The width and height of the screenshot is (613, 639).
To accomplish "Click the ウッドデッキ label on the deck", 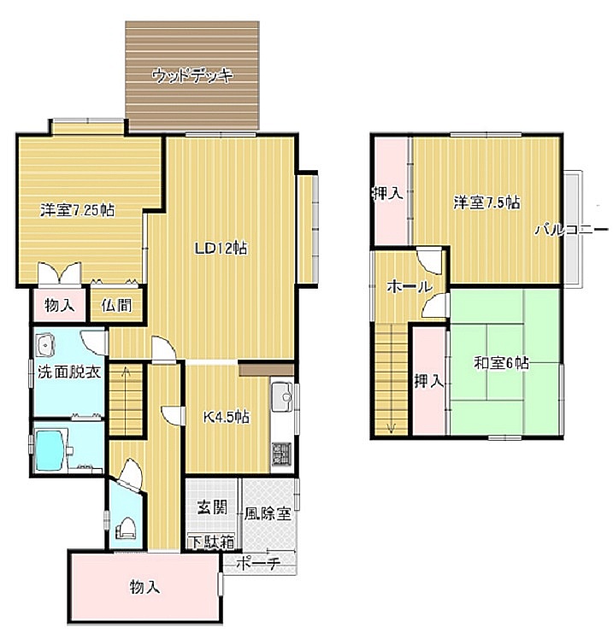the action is click(192, 76).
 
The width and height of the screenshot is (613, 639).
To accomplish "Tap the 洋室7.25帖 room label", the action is click(78, 210).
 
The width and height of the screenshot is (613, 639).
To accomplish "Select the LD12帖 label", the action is click(221, 248).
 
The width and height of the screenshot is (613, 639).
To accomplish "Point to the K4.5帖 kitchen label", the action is click(227, 417).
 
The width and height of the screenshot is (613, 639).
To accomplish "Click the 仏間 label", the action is click(117, 305).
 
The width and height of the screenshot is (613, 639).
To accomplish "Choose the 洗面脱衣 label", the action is click(69, 372).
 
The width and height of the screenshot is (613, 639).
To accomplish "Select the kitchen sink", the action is click(282, 396).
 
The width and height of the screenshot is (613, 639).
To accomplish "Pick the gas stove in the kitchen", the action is click(282, 454).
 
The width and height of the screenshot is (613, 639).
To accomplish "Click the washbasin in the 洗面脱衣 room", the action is click(45, 346).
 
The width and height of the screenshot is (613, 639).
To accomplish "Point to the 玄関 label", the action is click(212, 507).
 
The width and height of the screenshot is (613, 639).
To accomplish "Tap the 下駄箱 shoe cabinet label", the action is click(211, 542).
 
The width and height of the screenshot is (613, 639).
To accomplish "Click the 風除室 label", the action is click(268, 514).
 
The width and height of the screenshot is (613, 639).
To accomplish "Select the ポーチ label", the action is click(258, 564).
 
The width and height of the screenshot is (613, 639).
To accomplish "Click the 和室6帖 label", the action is click(501, 362).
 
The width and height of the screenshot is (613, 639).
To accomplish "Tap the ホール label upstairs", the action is click(409, 287).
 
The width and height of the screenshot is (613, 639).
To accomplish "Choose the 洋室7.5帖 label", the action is click(487, 202).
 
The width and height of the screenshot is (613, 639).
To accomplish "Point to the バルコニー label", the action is click(571, 230).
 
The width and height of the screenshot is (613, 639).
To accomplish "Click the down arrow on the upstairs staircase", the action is click(391, 428).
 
